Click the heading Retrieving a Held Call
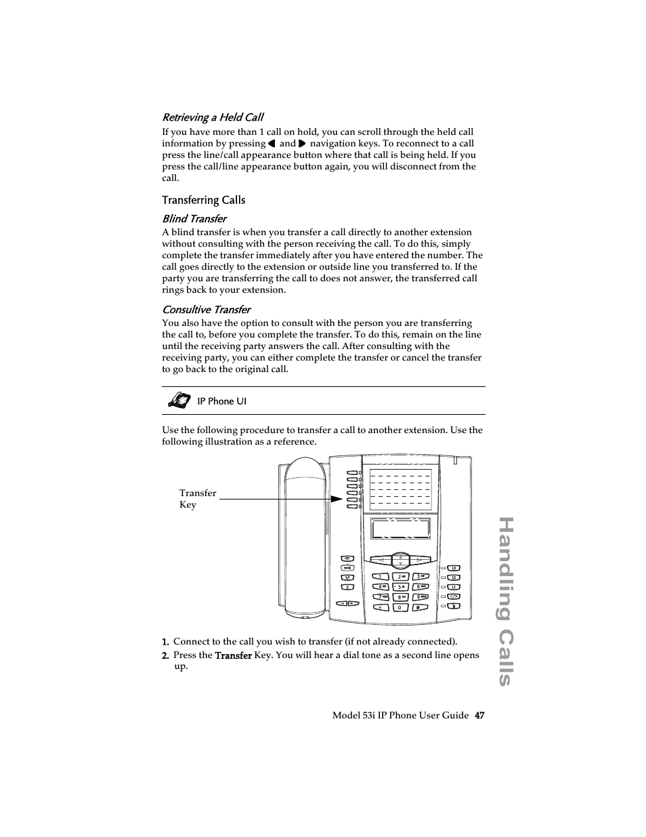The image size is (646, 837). tap(213, 117)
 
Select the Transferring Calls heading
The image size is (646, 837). tap(203, 200)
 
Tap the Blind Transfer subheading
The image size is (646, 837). tap(194, 218)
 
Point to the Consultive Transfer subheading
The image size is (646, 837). tap(206, 310)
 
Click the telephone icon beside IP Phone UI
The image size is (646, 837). tap(177, 401)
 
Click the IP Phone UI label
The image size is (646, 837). tap(221, 401)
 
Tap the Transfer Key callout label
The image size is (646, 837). tap(197, 499)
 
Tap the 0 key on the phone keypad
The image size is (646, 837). tap(400, 607)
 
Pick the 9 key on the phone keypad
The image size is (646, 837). tap(420, 597)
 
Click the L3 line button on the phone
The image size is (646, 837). tap(454, 568)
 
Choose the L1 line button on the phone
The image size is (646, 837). tap(454, 587)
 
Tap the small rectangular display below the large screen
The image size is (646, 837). tap(400, 528)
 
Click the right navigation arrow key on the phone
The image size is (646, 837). tap(419, 560)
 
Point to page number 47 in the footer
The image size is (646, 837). tap(479, 716)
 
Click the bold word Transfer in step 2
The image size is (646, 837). tap(233, 655)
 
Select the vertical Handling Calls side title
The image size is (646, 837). tap(505, 601)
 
